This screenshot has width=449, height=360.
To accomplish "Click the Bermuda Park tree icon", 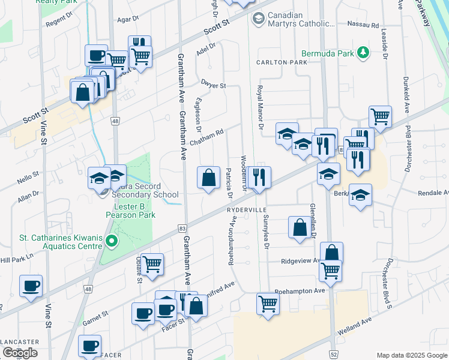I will coord(363,53).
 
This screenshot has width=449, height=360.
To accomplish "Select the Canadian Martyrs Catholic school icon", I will coord(258,19).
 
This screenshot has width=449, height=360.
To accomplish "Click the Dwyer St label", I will coord(213,86).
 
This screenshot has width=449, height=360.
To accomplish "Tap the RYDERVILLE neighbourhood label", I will coord(246,210).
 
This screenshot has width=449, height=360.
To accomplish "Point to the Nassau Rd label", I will coord(366,26).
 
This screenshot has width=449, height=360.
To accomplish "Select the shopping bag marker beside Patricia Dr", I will coord(208,178).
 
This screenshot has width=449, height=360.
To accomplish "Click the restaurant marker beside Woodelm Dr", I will coord(259,178).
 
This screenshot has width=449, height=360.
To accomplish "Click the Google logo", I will coord(20,353).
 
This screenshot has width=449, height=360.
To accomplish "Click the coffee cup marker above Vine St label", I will coord(31,286).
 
